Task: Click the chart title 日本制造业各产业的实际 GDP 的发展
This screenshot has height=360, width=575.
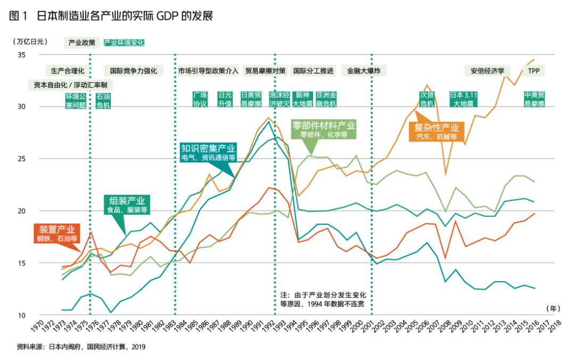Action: [x=125, y=15]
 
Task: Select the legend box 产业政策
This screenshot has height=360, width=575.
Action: [x=82, y=43]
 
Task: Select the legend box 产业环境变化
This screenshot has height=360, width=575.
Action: [x=124, y=43]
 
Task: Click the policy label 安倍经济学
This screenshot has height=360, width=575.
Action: [x=487, y=70]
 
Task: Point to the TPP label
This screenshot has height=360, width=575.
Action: [x=534, y=70]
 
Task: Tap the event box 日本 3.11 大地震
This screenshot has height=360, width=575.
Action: [x=463, y=99]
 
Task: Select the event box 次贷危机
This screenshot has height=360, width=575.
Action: [x=427, y=99]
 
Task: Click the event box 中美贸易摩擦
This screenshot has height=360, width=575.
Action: [x=534, y=99]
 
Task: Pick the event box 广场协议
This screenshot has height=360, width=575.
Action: [x=200, y=99]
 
